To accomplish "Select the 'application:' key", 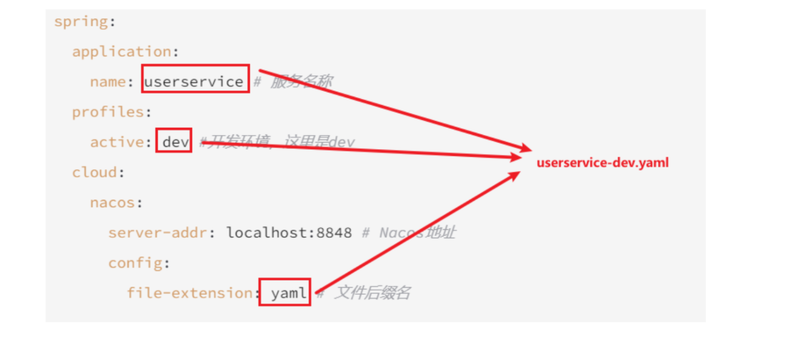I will (125, 51).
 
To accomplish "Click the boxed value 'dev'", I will (174, 141).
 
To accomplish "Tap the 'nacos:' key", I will (116, 202).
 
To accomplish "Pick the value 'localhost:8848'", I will (289, 232).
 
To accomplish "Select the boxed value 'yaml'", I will (285, 293).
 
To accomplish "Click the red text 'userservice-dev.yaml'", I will (602, 163).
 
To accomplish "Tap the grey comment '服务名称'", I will (301, 81).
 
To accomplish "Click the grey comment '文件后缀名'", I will (371, 293).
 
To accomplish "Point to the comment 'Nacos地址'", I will (417, 232).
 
